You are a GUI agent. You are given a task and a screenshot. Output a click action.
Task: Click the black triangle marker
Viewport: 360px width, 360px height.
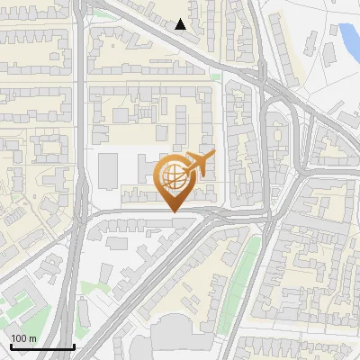[181, 24]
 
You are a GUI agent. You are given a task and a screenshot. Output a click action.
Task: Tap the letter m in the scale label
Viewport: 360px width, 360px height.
[32, 338]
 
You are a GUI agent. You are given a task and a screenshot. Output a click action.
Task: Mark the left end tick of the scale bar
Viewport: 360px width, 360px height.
[10, 346]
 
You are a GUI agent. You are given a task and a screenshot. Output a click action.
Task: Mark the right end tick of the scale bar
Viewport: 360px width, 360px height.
[74, 346]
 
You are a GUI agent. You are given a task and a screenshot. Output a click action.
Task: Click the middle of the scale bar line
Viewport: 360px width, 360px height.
[41, 347]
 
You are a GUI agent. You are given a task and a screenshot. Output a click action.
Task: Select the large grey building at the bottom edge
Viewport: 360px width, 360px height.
[184, 337]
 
